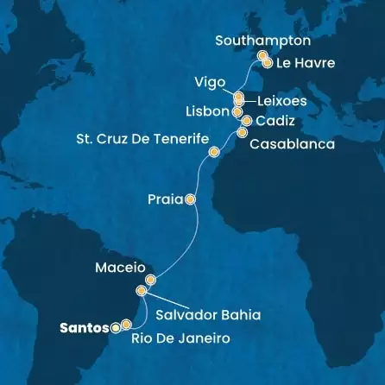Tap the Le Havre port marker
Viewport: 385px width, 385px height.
268,63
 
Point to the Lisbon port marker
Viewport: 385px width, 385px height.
238,111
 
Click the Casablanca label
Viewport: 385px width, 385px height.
291,145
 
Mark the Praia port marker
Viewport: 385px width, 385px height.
191,199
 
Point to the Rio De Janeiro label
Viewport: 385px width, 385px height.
181,339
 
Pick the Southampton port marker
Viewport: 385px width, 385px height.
261,57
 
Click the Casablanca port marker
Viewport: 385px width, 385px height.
242,133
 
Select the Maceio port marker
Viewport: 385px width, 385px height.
150,280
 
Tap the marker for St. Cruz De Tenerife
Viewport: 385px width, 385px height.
213,153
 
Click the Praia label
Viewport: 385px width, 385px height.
164,199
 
